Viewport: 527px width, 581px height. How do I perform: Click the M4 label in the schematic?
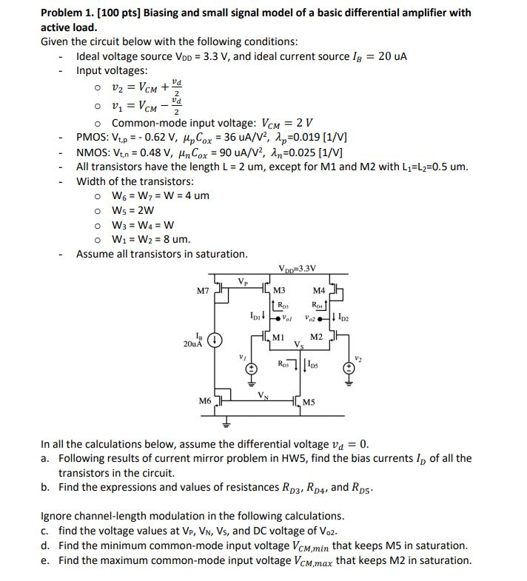[319, 289]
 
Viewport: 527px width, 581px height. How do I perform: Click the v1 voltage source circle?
[252, 369]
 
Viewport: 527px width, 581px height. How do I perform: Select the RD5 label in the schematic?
[283, 364]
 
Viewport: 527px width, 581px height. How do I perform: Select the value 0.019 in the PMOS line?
[306, 138]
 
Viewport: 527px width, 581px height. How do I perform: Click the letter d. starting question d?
[46, 545]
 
